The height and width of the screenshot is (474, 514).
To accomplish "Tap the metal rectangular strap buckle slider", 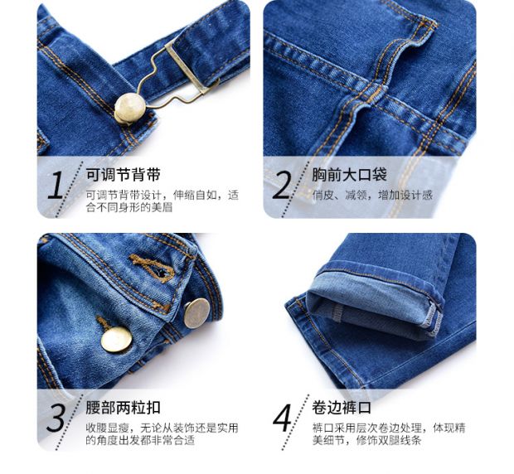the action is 188,66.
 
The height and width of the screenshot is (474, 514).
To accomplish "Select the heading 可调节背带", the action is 123,175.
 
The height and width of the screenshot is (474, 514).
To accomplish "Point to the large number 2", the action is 281,185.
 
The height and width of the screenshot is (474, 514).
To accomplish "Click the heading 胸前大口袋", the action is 350,175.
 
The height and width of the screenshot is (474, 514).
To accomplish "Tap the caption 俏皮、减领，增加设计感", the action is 372,196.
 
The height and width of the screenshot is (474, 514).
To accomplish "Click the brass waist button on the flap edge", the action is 196,313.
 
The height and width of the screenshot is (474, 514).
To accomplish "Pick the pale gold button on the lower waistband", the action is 116,340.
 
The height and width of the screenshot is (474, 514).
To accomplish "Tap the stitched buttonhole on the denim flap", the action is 153,268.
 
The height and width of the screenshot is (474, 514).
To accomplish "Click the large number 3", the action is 56,418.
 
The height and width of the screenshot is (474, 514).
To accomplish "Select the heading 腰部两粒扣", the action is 123,408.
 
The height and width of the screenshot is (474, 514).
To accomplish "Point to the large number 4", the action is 282,418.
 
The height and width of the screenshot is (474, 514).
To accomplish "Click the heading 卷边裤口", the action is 342,408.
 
